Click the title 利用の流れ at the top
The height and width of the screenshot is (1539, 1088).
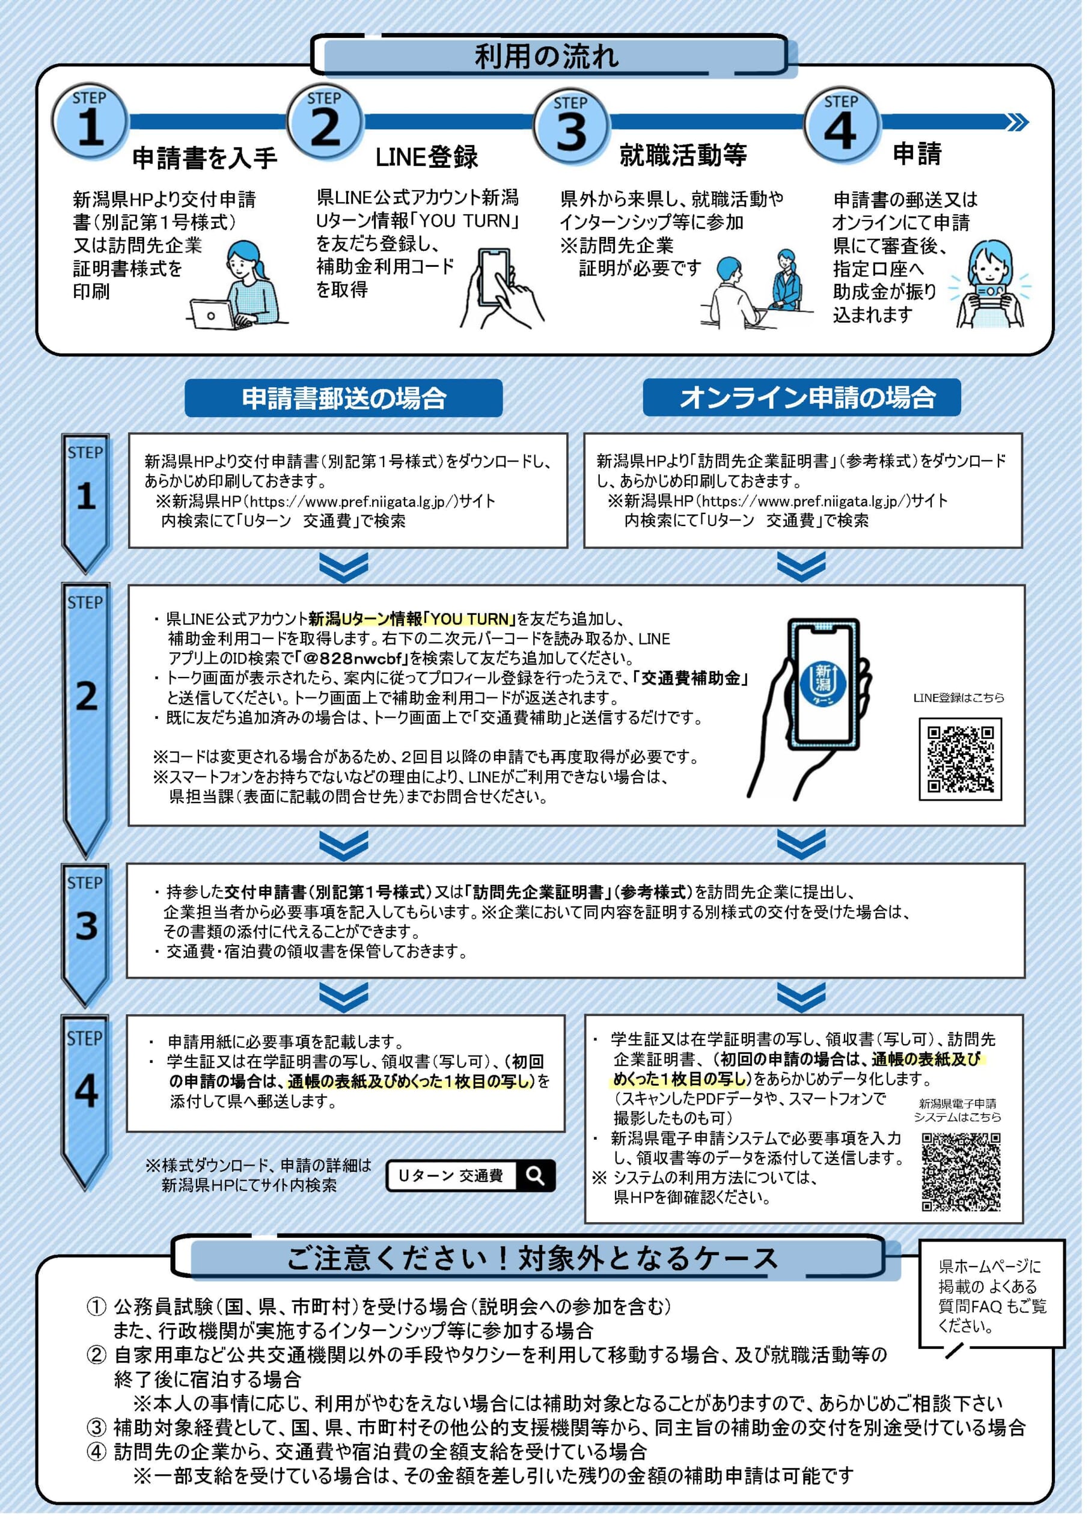pos(546,57)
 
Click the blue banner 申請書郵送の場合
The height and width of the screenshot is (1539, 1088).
pos(343,398)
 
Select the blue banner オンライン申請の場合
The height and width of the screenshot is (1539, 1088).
pos(801,397)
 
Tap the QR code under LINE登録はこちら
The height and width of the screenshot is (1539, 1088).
pos(960,759)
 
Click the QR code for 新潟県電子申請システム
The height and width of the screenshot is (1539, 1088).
pos(961,1172)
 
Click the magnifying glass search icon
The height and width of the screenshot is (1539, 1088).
pos(535,1175)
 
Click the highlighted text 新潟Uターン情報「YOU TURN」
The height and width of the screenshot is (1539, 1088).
pos(412,619)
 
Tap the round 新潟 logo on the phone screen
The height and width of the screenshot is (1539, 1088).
pos(823,681)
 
